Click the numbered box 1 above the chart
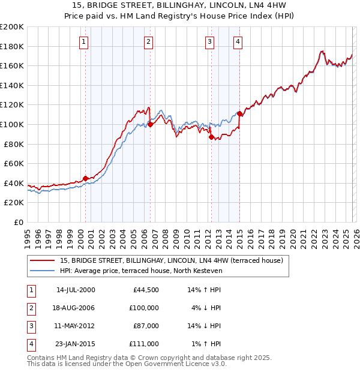pyautogui.click(x=83, y=41)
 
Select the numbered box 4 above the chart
pyautogui.click(x=238, y=41)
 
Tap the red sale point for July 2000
pyautogui.click(x=86, y=178)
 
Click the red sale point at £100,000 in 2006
pyautogui.click(x=151, y=124)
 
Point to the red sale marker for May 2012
pyautogui.click(x=211, y=137)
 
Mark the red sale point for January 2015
pyautogui.click(x=239, y=113)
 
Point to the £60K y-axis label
pyautogui.click(x=13, y=163)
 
